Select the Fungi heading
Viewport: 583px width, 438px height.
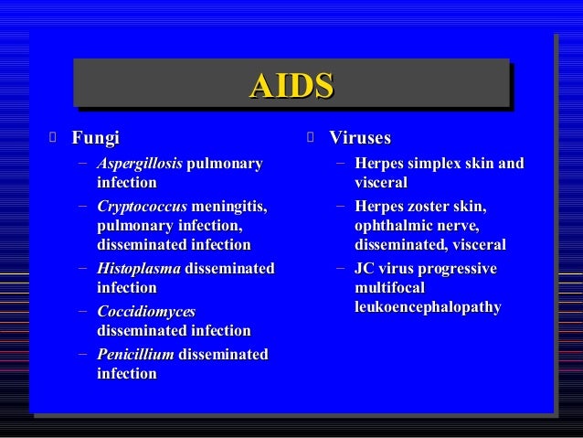pos(95,139)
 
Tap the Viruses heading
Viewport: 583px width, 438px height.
pos(360,139)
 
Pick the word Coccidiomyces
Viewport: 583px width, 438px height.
pos(146,312)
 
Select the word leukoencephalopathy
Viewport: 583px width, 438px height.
pos(428,308)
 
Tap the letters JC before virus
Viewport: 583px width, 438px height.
pos(364,268)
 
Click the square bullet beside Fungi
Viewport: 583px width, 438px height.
pos(54,139)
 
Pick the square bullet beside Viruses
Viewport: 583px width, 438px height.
pos(311,139)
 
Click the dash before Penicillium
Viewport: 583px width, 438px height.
pos(83,354)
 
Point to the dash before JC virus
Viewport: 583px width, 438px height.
pos(340,268)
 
